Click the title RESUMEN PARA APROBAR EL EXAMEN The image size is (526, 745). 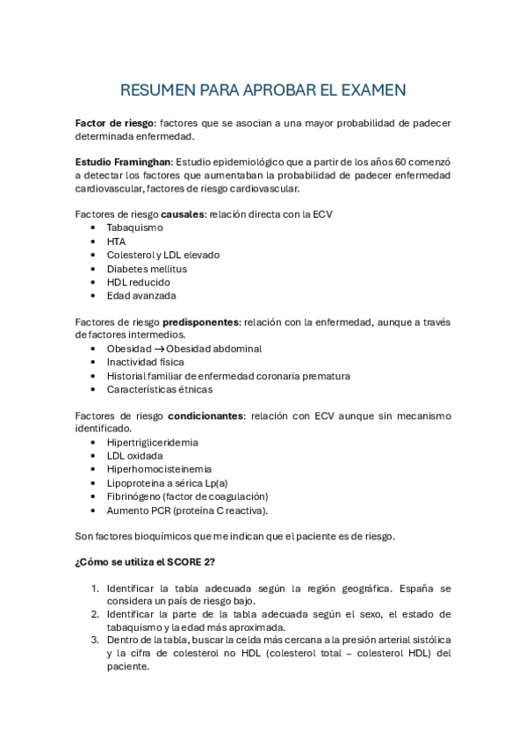(x=263, y=90)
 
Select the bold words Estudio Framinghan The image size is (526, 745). (x=123, y=163)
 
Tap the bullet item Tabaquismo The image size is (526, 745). (x=134, y=228)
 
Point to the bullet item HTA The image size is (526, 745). (x=116, y=242)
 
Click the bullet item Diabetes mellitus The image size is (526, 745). (x=147, y=269)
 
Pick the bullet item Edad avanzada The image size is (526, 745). (x=141, y=296)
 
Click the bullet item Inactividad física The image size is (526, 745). (x=146, y=362)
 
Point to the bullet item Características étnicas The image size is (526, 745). (x=159, y=389)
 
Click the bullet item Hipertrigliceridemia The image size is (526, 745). (x=152, y=443)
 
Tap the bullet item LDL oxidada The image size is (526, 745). (x=134, y=456)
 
